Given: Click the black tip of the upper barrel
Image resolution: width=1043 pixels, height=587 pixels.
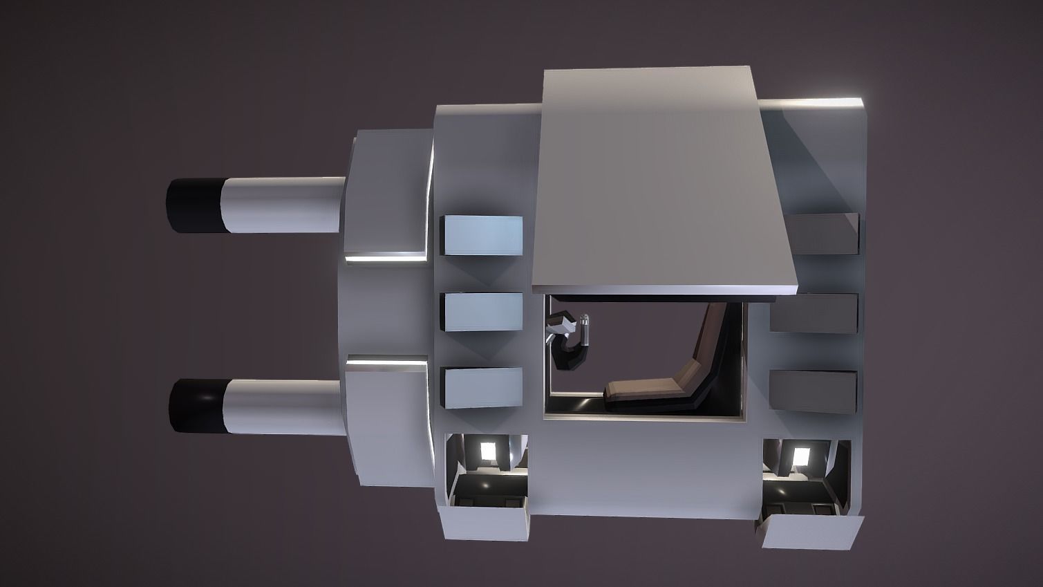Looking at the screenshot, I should coord(193,205).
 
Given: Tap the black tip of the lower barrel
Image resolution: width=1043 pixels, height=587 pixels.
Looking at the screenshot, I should coord(196,405).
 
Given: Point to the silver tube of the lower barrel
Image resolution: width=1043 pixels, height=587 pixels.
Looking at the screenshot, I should coord(283,406).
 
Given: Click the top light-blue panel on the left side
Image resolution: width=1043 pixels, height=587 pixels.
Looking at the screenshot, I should coord(482,235).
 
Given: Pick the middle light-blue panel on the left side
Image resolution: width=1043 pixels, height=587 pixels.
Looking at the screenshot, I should coord(482,312).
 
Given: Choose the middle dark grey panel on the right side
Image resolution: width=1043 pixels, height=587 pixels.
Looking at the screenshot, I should coord(814,313).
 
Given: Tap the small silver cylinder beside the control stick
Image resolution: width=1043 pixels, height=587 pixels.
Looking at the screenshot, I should coord(585,330).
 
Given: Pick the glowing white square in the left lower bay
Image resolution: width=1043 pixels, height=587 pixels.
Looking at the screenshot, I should coord(489,450).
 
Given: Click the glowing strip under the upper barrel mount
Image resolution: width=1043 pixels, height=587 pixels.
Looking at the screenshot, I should coord(384,258).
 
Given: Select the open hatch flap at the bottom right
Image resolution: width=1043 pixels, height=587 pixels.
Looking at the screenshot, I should coord(812,531).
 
